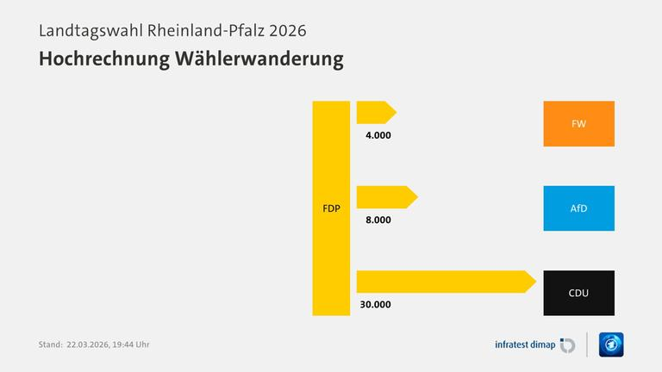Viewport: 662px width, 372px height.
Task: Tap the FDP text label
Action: [331, 208]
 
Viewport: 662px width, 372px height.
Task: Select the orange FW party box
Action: [578, 124]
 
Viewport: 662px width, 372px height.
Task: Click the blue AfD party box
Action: [578, 208]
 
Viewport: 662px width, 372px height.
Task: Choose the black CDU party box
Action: [578, 293]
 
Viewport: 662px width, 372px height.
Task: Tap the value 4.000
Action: [378, 135]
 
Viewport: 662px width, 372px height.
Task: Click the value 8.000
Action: [378, 220]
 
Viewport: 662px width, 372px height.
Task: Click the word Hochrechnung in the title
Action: [97, 59]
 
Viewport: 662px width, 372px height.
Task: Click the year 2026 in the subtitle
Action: [287, 29]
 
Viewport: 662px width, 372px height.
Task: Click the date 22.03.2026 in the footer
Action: [89, 344]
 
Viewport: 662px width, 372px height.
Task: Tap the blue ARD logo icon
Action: [610, 344]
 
